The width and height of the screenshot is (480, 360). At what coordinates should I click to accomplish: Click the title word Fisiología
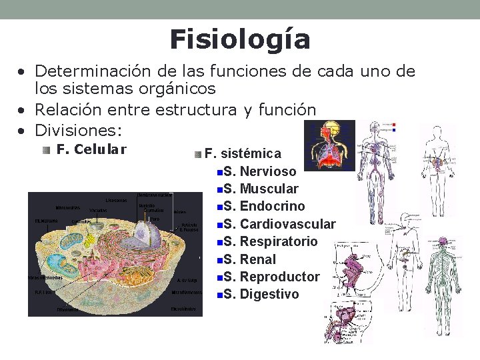240,40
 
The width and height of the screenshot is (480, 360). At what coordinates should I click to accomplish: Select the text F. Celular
91,150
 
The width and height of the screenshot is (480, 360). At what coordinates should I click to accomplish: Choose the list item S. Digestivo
261,294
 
